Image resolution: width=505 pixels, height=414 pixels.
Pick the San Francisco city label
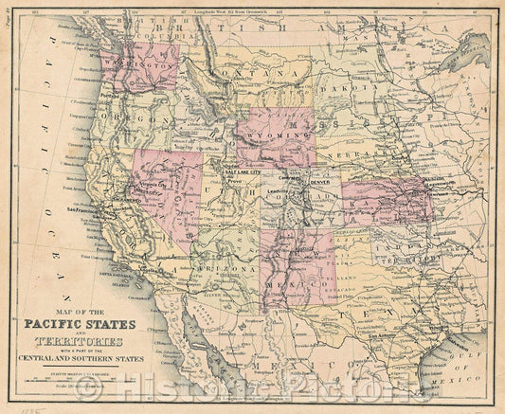82,208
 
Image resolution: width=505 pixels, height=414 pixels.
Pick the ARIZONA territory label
227,268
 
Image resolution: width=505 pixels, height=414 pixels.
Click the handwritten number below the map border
13,406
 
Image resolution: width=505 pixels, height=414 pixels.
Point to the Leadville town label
278,191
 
